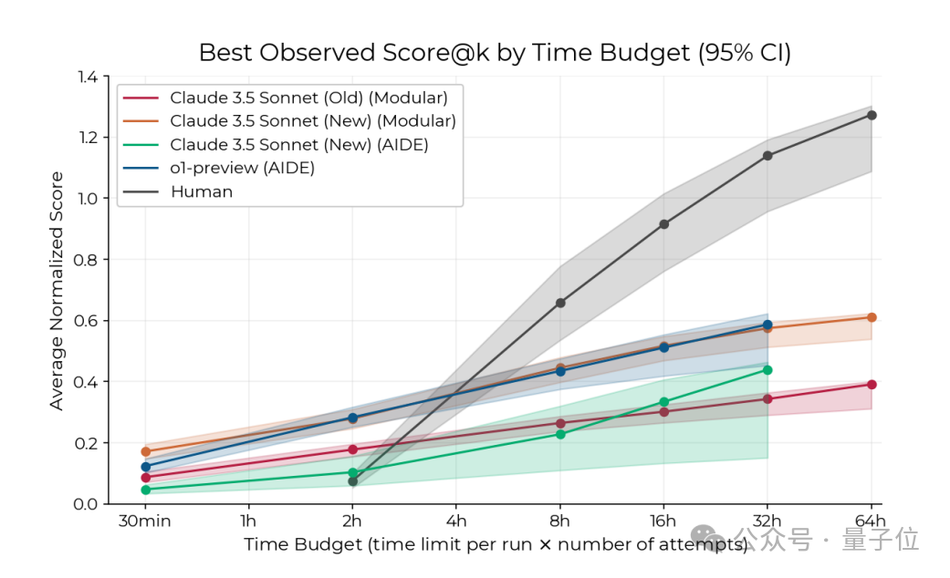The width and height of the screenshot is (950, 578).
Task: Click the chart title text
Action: [495, 53]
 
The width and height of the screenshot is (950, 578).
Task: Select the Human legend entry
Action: [202, 191]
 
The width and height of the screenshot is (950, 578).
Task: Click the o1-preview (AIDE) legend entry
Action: [242, 168]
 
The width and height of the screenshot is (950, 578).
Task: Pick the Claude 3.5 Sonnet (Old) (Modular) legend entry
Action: [308, 98]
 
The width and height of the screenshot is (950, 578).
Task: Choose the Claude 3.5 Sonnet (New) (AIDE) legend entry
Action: [299, 144]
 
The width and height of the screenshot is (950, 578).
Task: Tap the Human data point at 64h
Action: [872, 115]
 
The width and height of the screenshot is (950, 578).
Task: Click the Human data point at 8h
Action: [560, 303]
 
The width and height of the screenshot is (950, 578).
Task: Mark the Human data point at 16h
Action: [663, 224]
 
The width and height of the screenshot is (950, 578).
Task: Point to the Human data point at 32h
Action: [767, 156]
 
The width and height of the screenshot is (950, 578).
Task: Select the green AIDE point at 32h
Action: [767, 369]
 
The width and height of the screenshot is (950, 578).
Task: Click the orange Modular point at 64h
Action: [872, 317]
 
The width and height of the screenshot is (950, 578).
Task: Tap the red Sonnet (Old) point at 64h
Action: [872, 385]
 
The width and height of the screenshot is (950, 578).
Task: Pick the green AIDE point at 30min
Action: [145, 490]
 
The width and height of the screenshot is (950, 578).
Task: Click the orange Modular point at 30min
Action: [145, 451]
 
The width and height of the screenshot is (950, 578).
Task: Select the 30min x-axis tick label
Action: [145, 521]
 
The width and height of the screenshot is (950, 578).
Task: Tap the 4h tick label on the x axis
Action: [456, 521]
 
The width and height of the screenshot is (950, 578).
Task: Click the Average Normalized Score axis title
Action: [57, 290]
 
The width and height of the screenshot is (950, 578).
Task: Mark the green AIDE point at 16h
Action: [663, 402]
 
